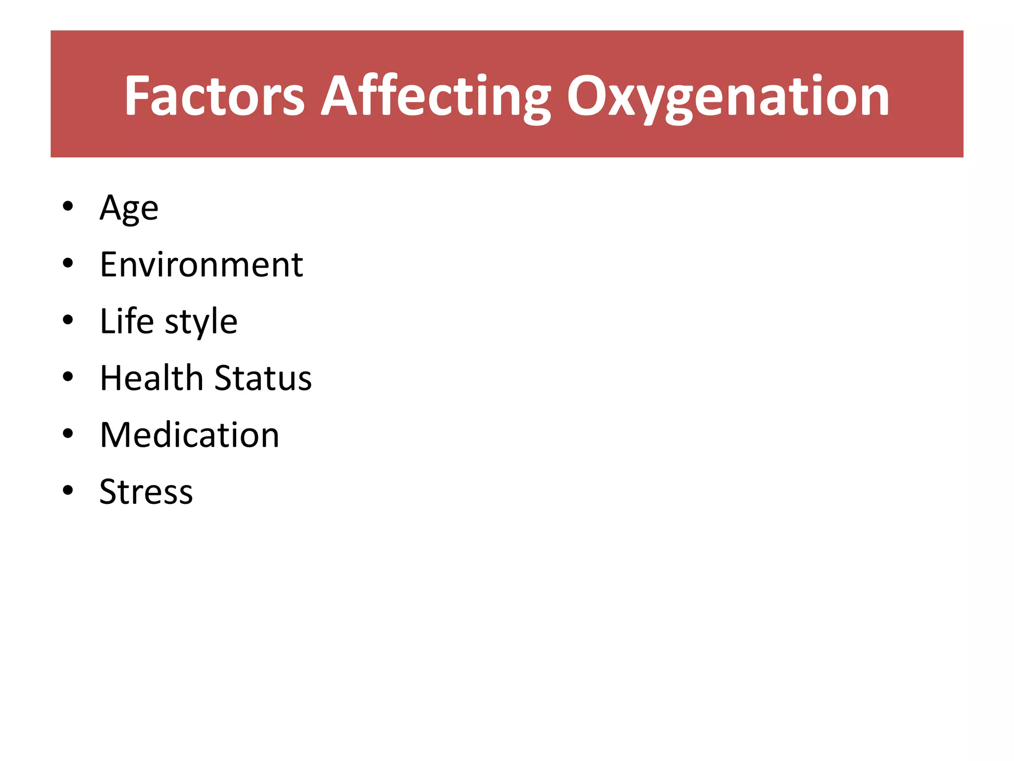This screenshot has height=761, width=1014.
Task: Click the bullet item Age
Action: (129, 208)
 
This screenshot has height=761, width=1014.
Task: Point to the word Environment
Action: (201, 265)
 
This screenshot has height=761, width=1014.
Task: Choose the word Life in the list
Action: (127, 321)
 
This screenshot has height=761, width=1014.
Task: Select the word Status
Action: (263, 378)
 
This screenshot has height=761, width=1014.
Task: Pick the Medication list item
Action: (190, 435)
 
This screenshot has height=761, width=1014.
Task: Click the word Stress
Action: (146, 492)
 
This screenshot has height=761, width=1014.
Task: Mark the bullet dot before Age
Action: (68, 206)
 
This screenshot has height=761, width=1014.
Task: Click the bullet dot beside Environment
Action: (68, 263)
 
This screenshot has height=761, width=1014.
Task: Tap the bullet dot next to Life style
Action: (68, 320)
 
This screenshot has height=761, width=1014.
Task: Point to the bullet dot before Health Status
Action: (68, 377)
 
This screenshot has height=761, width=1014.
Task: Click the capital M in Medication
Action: (117, 435)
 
